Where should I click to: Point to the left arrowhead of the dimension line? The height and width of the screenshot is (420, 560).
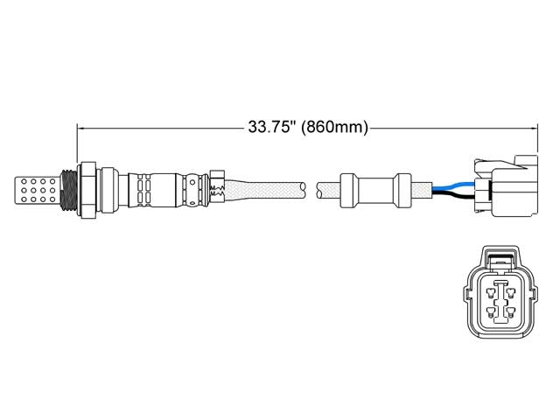81,128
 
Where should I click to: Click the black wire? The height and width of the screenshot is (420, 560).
451,196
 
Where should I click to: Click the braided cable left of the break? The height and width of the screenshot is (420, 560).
262,187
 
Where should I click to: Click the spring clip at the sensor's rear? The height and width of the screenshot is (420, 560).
217,186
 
